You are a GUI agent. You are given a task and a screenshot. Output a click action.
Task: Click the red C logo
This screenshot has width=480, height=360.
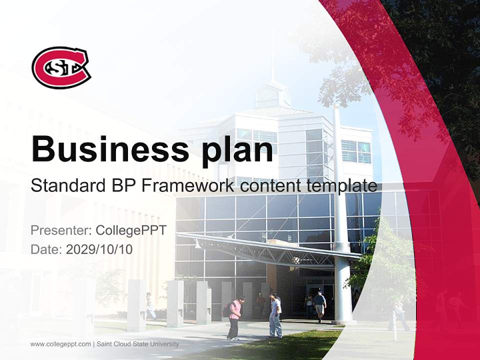pos(61,67)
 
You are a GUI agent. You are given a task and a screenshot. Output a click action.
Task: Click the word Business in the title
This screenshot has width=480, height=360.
pos(105,148)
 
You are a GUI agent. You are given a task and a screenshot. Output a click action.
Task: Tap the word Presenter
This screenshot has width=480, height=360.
pos(59,230)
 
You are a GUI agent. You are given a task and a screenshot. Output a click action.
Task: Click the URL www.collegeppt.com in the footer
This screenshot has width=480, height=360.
pos(60,344)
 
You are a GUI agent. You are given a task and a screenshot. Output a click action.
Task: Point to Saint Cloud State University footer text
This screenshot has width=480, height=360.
pos(137,344)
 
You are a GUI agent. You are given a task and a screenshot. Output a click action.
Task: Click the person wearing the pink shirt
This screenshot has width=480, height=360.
pos(234,317)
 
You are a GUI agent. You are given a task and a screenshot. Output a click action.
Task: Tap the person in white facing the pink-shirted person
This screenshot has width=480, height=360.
pos(275,315)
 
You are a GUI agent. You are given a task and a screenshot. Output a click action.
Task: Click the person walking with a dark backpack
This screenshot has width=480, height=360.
pos(319,305)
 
